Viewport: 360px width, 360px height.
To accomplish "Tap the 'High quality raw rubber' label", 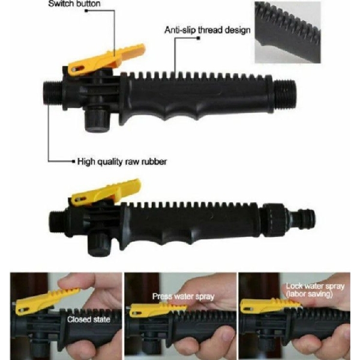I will click(122, 161).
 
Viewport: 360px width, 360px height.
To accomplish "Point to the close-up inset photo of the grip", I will click(287, 31).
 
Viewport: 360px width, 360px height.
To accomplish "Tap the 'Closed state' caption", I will click(88, 319).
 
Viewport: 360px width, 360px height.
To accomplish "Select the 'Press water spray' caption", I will click(175, 296).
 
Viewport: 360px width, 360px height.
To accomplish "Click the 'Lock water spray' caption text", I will click(316, 286).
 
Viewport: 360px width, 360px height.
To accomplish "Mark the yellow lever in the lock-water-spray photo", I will click(264, 305).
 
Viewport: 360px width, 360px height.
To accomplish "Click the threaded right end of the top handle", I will click(286, 95).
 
